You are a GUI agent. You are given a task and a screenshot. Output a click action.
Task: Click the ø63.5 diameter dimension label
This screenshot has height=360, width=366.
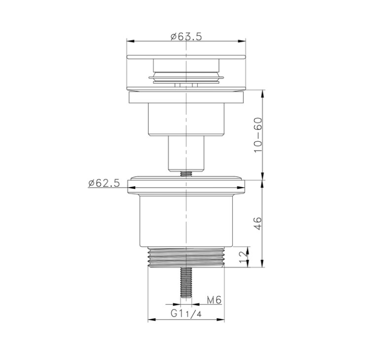pyautogui.click(x=186, y=37)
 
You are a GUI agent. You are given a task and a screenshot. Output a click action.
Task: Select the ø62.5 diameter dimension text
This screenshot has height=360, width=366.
pyautogui.click(x=104, y=183)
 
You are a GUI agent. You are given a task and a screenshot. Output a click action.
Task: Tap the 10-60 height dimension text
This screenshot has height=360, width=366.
pyautogui.click(x=258, y=135)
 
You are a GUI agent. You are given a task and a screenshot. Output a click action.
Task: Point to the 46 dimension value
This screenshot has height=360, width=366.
pyautogui.click(x=258, y=224)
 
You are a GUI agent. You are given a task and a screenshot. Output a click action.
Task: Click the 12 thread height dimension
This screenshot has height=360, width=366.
pyautogui.click(x=244, y=257)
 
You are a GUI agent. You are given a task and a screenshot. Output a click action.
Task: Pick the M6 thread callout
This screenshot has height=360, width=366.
pyautogui.click(x=214, y=300)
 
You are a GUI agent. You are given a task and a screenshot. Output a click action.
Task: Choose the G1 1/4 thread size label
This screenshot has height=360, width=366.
pyautogui.click(x=186, y=314)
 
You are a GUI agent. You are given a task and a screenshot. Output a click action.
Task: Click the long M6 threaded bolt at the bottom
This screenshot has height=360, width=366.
pyautogui.click(x=186, y=282)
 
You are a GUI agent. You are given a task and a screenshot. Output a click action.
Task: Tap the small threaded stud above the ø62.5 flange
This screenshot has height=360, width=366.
pyautogui.click(x=186, y=173)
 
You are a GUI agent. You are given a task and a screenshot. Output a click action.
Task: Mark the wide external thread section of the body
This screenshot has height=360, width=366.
pyautogui.click(x=186, y=257)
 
